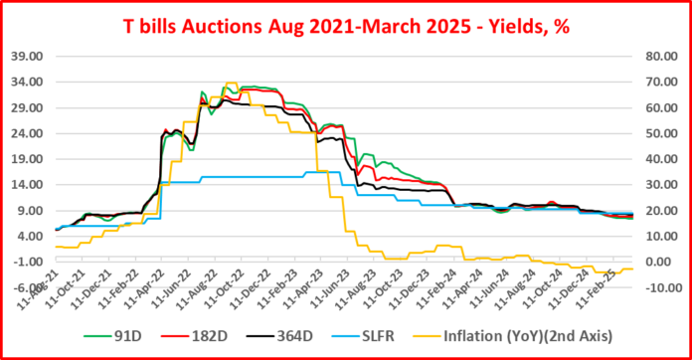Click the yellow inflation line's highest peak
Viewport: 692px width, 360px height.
click(230, 84)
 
